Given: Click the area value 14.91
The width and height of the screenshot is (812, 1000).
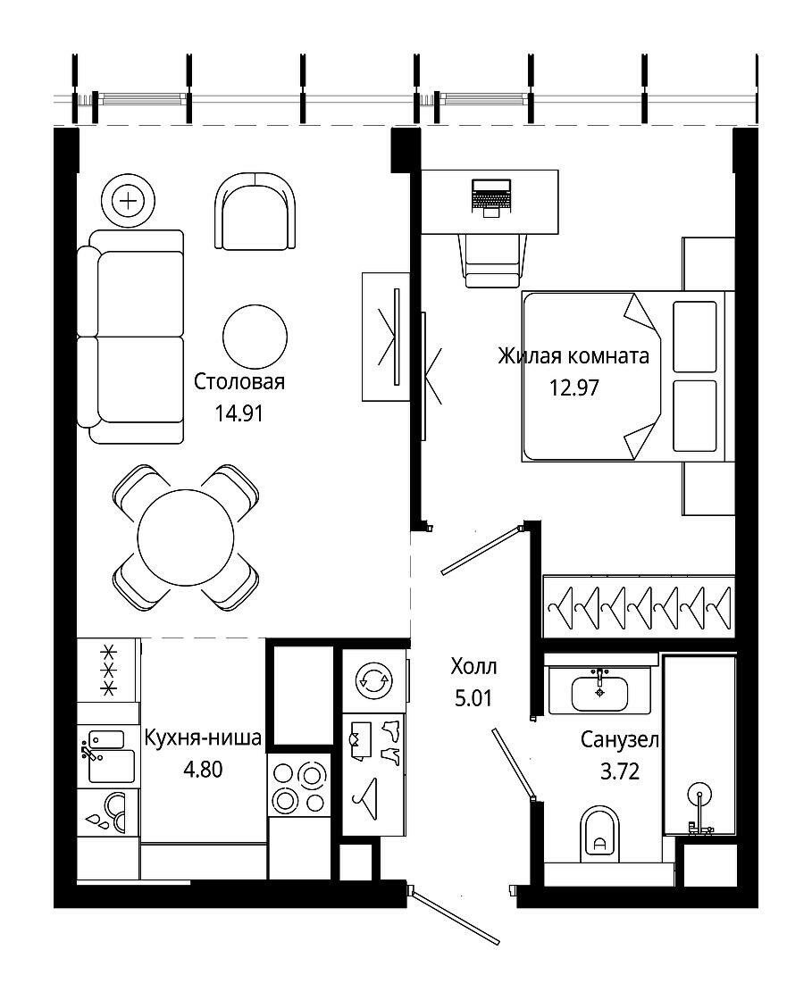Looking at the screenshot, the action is coord(239,413).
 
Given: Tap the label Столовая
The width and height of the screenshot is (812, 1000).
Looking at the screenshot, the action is coord(239,382).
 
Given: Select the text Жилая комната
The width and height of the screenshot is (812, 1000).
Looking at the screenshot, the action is coord(573,355).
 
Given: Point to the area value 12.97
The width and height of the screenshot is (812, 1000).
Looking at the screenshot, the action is coord(574,387).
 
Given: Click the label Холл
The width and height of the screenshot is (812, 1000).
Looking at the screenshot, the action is coord(473,667).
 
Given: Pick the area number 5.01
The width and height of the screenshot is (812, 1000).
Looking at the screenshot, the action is coord(473,698).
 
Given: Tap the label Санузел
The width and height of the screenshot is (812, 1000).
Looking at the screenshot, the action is coord(619,740).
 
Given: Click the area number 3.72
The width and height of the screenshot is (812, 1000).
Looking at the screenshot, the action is coord(619,771).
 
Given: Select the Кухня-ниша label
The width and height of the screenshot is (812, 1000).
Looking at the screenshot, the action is coord(203,737).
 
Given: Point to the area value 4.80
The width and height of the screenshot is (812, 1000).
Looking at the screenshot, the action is coord(203,769).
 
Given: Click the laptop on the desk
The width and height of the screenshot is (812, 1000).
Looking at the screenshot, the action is coord(491,197).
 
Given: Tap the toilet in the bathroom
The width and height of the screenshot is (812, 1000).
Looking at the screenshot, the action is coord(599,834).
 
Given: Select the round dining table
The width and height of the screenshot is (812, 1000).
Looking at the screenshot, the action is coord(187,537).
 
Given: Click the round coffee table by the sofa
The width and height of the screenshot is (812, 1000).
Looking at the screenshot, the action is coord(255,336).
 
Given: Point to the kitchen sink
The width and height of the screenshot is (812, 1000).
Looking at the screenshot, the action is coord(108,758).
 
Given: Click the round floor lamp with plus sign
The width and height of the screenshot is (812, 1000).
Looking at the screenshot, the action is coord(129,202).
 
